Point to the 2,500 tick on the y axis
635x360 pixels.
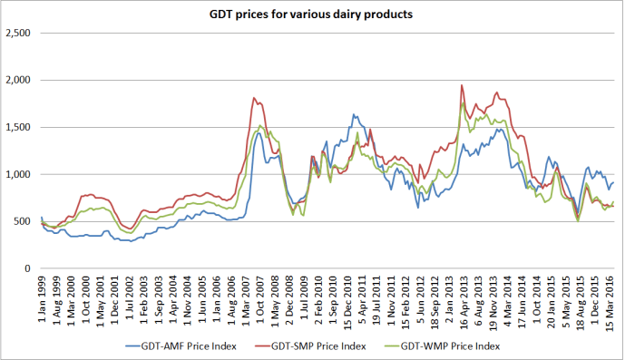(19, 33)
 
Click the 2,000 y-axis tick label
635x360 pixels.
(19, 80)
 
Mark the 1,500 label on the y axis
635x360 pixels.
(19, 127)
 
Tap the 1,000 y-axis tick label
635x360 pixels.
(19, 174)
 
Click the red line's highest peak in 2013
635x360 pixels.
(462, 85)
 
